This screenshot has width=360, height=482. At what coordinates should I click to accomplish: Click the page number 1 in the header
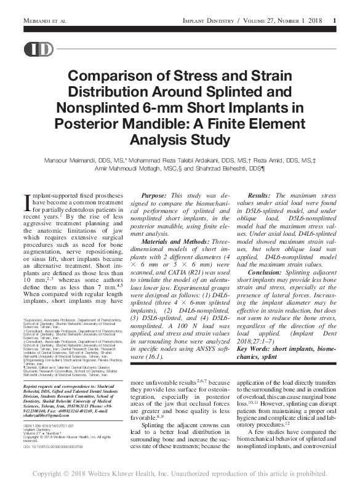click(334, 22)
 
